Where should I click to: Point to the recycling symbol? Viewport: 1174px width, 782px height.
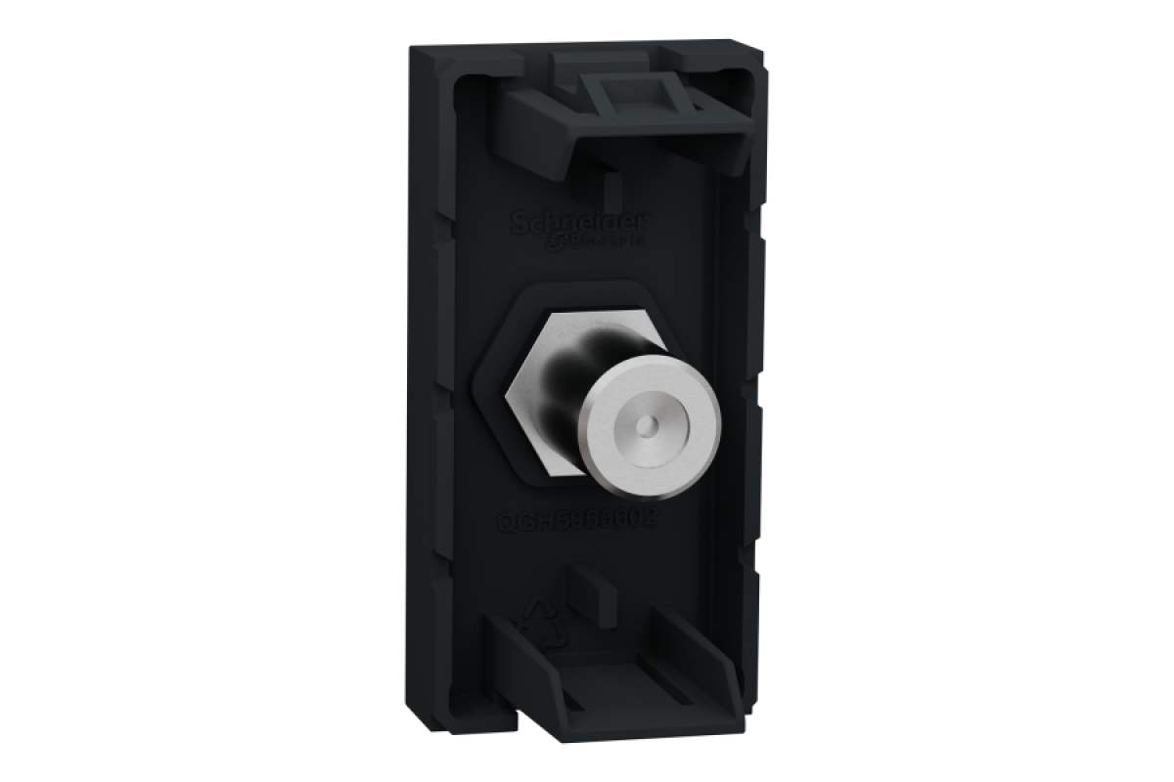point(546,626)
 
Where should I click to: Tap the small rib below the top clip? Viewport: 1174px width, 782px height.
point(609,186)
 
